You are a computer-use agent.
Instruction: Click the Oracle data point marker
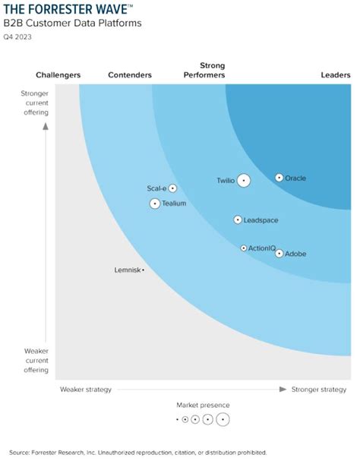click(x=279, y=178)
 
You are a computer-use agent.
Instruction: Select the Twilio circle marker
click(x=243, y=181)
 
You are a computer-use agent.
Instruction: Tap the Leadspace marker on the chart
click(x=237, y=220)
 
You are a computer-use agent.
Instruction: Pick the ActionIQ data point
click(x=243, y=248)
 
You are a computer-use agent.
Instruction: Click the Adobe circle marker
click(x=279, y=254)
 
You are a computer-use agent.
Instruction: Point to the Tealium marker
click(x=155, y=204)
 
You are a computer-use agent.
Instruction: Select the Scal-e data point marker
click(x=172, y=188)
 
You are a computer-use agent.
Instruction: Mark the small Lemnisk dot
click(x=143, y=270)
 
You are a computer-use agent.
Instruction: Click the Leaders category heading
click(x=336, y=75)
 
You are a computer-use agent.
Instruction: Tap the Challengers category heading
click(x=58, y=75)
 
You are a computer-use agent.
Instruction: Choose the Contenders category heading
click(x=130, y=75)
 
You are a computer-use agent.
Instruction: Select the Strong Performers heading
click(x=205, y=71)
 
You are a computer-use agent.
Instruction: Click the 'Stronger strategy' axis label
click(x=318, y=390)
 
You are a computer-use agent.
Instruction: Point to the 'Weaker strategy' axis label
click(x=86, y=390)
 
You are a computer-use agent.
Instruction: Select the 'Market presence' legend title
click(x=203, y=406)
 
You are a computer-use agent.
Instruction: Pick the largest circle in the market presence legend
click(x=222, y=419)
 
